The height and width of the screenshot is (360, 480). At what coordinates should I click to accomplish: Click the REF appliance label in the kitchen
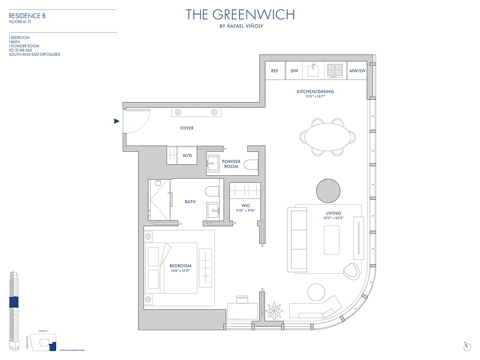[x=274, y=71]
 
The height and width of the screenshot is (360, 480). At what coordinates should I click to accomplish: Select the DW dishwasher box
[x=294, y=71]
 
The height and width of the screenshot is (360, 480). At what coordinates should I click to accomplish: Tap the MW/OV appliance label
[x=358, y=71]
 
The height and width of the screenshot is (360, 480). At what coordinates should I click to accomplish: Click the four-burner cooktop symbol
[x=335, y=71]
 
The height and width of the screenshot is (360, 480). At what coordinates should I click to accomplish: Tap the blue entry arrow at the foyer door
[x=117, y=121]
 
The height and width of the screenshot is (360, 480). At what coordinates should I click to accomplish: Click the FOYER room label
[x=187, y=128]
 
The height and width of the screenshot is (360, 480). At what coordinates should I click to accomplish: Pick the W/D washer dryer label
[x=187, y=156]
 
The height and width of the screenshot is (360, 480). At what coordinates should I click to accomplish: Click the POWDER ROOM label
[x=231, y=164]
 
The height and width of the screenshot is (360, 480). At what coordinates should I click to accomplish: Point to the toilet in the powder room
[x=250, y=165]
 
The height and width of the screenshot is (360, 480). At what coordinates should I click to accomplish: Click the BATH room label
[x=190, y=202]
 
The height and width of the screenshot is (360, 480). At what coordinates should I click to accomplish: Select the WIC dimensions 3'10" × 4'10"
[x=245, y=210]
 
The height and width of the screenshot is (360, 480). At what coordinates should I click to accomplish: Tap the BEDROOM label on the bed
[x=180, y=265]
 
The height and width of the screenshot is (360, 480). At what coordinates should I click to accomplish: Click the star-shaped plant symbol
[x=273, y=310]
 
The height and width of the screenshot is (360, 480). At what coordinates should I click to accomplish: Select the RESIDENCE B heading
[x=27, y=16]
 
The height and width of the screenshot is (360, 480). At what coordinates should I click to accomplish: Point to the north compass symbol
[x=467, y=346]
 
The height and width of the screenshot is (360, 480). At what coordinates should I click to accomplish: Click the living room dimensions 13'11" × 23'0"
[x=334, y=218]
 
